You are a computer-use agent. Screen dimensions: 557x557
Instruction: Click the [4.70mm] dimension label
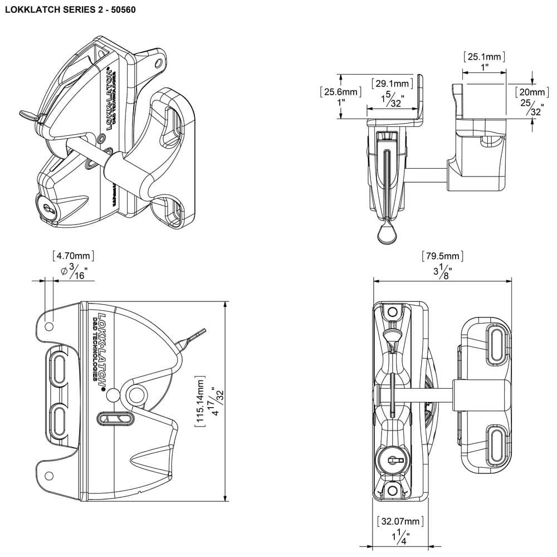(x=73, y=256)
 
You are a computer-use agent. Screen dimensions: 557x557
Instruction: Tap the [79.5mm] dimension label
(x=443, y=256)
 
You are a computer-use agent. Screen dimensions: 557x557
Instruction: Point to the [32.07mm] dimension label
(x=400, y=522)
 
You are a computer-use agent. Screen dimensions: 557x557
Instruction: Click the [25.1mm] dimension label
(x=484, y=56)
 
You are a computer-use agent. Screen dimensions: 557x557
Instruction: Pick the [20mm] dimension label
(x=530, y=92)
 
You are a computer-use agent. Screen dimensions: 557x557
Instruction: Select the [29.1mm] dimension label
(x=393, y=84)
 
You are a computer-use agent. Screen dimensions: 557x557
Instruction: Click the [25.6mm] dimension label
(x=340, y=92)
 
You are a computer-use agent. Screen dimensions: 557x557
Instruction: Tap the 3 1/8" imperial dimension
(x=443, y=272)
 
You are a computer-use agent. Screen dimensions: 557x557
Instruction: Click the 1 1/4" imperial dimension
(x=400, y=538)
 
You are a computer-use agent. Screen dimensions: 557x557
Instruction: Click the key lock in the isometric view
(x=47, y=207)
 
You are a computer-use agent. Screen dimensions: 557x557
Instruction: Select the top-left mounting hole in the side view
(x=49, y=325)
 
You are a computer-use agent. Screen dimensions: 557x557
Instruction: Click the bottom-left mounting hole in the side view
(x=49, y=475)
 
